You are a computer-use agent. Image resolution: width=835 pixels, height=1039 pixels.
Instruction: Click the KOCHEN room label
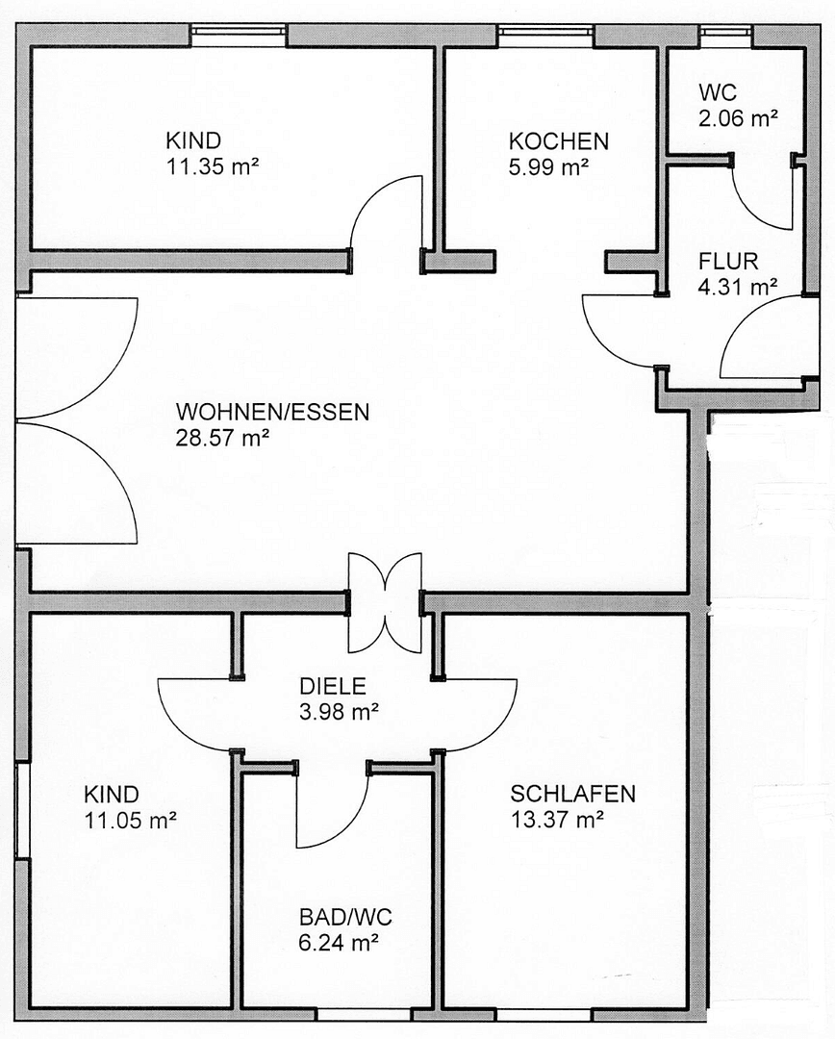point(559,141)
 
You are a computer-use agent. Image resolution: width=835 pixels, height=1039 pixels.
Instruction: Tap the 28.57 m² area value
point(222,438)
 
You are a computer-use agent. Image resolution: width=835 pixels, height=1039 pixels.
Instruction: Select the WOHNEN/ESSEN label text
point(272,413)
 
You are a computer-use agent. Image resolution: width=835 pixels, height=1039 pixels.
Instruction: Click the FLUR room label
point(728,261)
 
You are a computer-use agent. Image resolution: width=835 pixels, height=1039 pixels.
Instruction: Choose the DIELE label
point(333,687)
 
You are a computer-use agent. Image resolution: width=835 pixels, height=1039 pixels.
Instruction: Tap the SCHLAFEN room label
point(572,795)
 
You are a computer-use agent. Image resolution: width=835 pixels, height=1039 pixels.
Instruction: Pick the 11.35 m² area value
point(213,165)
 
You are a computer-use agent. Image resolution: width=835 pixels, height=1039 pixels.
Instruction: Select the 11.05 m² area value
point(131,821)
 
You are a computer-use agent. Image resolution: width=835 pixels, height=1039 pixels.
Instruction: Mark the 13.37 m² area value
point(557,820)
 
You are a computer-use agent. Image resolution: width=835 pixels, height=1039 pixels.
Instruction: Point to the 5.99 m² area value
point(548,166)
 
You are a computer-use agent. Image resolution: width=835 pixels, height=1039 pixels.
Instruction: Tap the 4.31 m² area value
point(738,286)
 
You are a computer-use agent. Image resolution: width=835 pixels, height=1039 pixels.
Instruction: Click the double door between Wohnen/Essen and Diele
point(385,602)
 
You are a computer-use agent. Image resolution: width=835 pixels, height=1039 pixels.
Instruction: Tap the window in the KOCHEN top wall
point(545,35)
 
